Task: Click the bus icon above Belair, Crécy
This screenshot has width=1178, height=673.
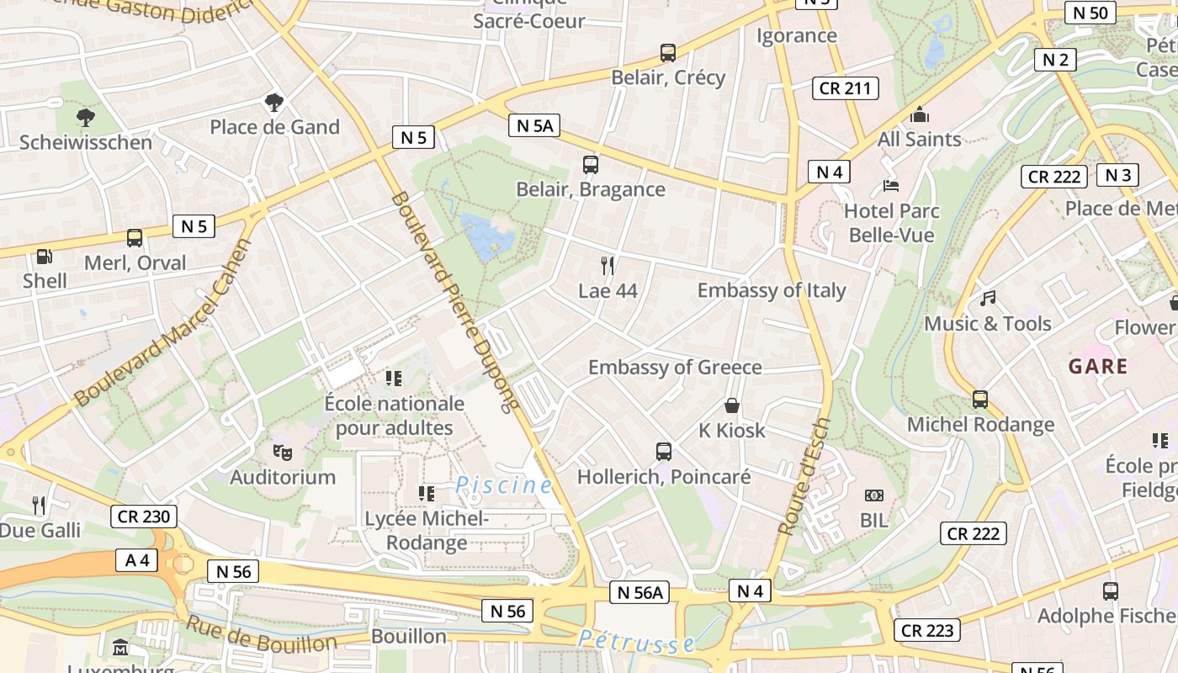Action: point(668,53)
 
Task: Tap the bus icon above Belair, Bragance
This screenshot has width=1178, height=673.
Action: point(591,165)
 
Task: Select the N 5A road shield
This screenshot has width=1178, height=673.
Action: point(534,126)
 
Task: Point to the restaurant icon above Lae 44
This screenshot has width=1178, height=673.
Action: point(608,266)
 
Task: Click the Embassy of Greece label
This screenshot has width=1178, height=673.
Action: point(675,368)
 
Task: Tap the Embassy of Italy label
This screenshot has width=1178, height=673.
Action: point(772,290)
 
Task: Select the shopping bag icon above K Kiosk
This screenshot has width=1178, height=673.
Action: point(732,406)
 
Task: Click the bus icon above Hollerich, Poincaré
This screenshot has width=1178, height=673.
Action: point(664,452)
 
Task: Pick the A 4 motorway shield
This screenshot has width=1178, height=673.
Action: point(137,560)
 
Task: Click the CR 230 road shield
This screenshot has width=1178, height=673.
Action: point(143,517)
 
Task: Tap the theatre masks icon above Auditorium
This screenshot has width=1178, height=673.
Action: point(283,453)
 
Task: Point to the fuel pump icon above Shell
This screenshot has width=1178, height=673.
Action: point(44,257)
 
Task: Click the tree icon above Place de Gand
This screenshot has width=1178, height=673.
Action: point(273,103)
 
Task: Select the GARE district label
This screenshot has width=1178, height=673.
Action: point(1098,367)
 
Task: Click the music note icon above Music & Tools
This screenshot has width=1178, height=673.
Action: point(988,299)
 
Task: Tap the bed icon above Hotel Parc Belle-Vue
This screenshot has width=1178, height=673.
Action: point(891,185)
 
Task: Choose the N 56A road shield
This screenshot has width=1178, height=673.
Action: point(640,593)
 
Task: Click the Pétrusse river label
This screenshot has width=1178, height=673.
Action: point(637,642)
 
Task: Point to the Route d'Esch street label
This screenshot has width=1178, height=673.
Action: point(804,477)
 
